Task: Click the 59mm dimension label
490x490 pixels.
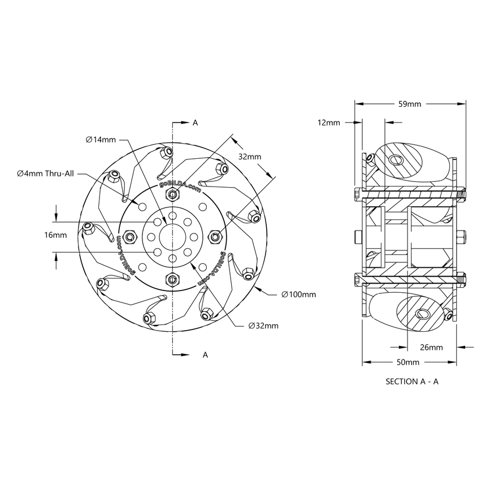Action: [410, 104]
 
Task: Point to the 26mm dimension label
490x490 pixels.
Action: [431, 347]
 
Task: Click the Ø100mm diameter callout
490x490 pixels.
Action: [299, 294]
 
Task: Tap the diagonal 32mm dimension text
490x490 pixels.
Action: [249, 157]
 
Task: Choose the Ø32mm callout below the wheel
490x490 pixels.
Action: [263, 326]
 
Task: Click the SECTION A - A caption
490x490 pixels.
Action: [411, 381]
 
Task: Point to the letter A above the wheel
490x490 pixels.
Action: [196, 122]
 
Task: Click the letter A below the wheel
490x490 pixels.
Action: [205, 355]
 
